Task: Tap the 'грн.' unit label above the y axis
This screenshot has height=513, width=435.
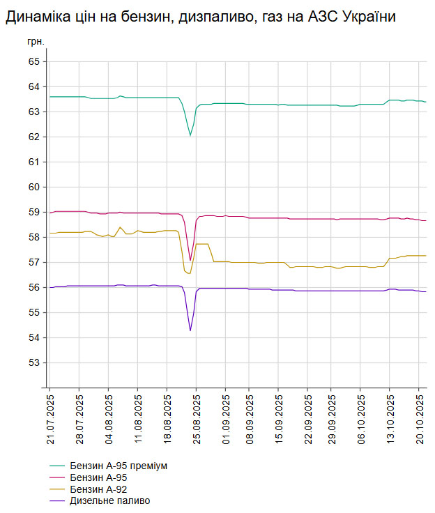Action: click(x=36, y=42)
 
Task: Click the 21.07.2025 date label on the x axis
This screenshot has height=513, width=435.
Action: click(x=50, y=418)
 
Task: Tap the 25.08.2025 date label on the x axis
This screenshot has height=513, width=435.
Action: click(x=197, y=418)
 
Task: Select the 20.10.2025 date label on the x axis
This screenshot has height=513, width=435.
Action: click(x=419, y=418)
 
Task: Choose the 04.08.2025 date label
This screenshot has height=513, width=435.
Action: click(x=109, y=418)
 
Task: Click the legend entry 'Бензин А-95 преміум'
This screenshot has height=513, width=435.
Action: click(x=119, y=465)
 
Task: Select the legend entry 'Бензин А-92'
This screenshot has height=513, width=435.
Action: click(x=99, y=489)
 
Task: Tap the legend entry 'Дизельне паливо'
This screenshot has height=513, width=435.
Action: click(x=109, y=500)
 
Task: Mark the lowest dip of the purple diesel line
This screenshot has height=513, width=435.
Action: click(x=190, y=330)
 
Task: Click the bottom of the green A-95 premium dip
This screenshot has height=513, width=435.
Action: click(x=190, y=135)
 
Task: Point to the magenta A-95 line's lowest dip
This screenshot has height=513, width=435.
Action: click(x=190, y=261)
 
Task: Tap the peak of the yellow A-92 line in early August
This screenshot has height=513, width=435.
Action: click(x=121, y=227)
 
